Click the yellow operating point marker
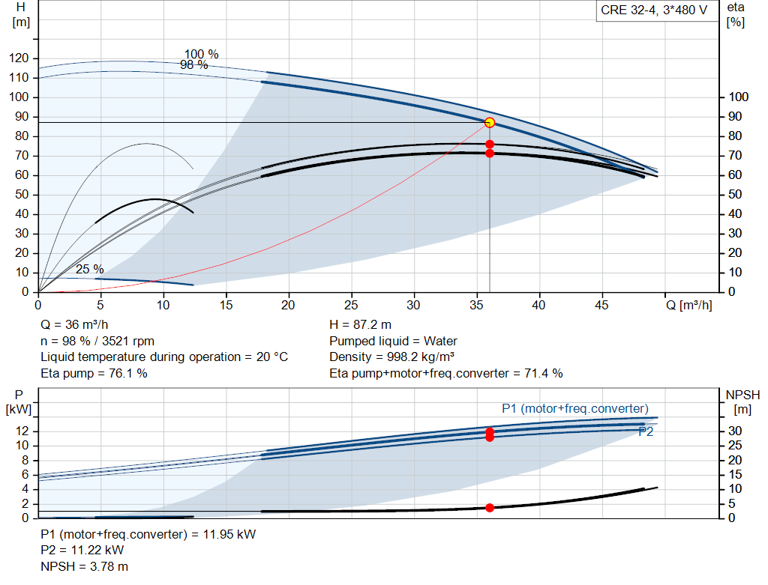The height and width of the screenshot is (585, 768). (x=489, y=122)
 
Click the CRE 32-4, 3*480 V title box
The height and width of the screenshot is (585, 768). (x=654, y=10)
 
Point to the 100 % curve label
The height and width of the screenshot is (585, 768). (x=201, y=54)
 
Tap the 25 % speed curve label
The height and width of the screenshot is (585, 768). (x=90, y=269)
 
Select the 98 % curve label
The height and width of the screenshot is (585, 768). (x=194, y=64)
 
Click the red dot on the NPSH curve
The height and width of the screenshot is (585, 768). (x=489, y=508)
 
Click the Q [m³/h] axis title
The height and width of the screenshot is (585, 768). (x=688, y=305)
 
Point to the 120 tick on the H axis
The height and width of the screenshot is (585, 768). (x=19, y=58)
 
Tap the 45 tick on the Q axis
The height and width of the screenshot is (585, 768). (x=601, y=305)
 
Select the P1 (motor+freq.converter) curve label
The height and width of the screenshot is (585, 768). (x=575, y=408)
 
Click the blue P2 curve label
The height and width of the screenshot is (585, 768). (x=646, y=431)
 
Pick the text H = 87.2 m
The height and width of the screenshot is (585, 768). (x=360, y=324)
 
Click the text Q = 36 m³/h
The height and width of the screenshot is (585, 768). (x=74, y=324)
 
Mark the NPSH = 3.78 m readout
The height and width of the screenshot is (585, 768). (x=84, y=566)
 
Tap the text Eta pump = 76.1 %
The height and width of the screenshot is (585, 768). (x=94, y=373)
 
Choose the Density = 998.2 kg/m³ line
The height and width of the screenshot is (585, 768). (x=391, y=357)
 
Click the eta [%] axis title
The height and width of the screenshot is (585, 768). (x=736, y=15)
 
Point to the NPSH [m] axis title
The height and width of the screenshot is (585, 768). (x=742, y=402)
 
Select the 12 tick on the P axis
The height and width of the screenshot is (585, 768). (x=22, y=431)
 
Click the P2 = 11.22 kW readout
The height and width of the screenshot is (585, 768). (x=82, y=550)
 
